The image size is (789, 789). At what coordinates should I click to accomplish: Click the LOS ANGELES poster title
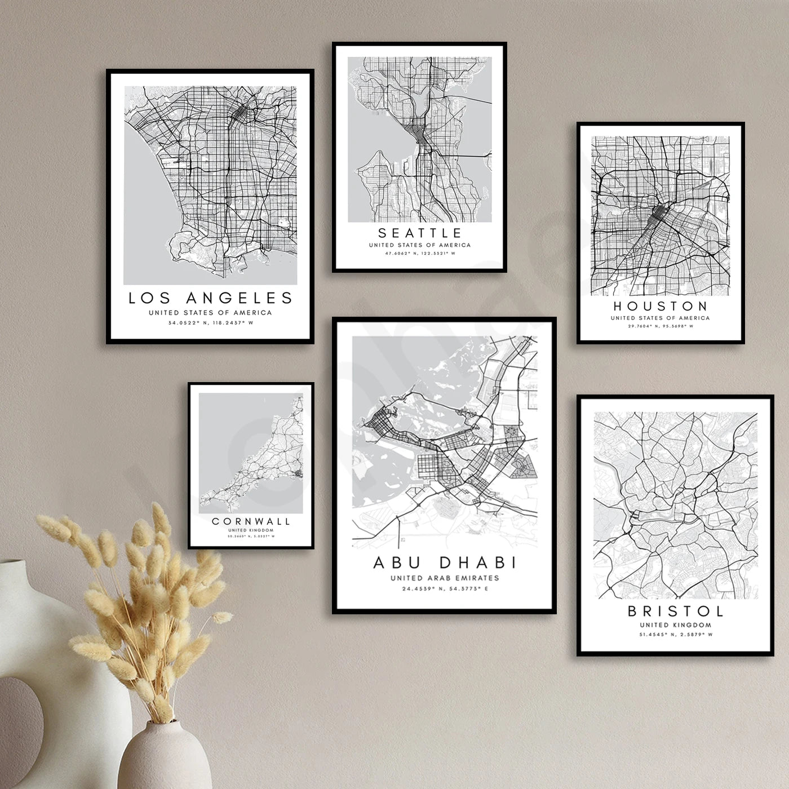click(210, 298)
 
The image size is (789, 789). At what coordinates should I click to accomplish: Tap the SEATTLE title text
click(420, 233)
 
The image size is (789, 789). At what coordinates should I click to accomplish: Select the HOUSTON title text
click(660, 306)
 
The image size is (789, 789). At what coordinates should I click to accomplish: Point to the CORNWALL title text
click(251, 521)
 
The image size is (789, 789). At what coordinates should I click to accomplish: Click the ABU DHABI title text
click(445, 562)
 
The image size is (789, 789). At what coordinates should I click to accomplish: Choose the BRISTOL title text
click(676, 611)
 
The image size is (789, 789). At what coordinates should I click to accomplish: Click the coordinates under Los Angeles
click(210, 323)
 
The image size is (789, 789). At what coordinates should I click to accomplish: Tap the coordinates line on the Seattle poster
click(420, 254)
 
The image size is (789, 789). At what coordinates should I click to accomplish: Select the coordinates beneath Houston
click(660, 326)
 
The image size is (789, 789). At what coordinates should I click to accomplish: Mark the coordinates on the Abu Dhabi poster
click(445, 589)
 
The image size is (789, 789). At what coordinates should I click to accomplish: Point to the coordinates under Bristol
click(676, 635)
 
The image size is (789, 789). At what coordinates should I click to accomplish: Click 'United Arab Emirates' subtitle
click(445, 578)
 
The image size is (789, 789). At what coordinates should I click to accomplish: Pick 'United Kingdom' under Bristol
click(676, 624)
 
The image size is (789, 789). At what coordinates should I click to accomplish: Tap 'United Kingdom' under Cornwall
click(251, 530)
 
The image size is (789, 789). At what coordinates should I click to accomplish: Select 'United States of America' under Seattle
click(420, 245)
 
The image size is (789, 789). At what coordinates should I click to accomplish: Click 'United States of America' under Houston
click(660, 318)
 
